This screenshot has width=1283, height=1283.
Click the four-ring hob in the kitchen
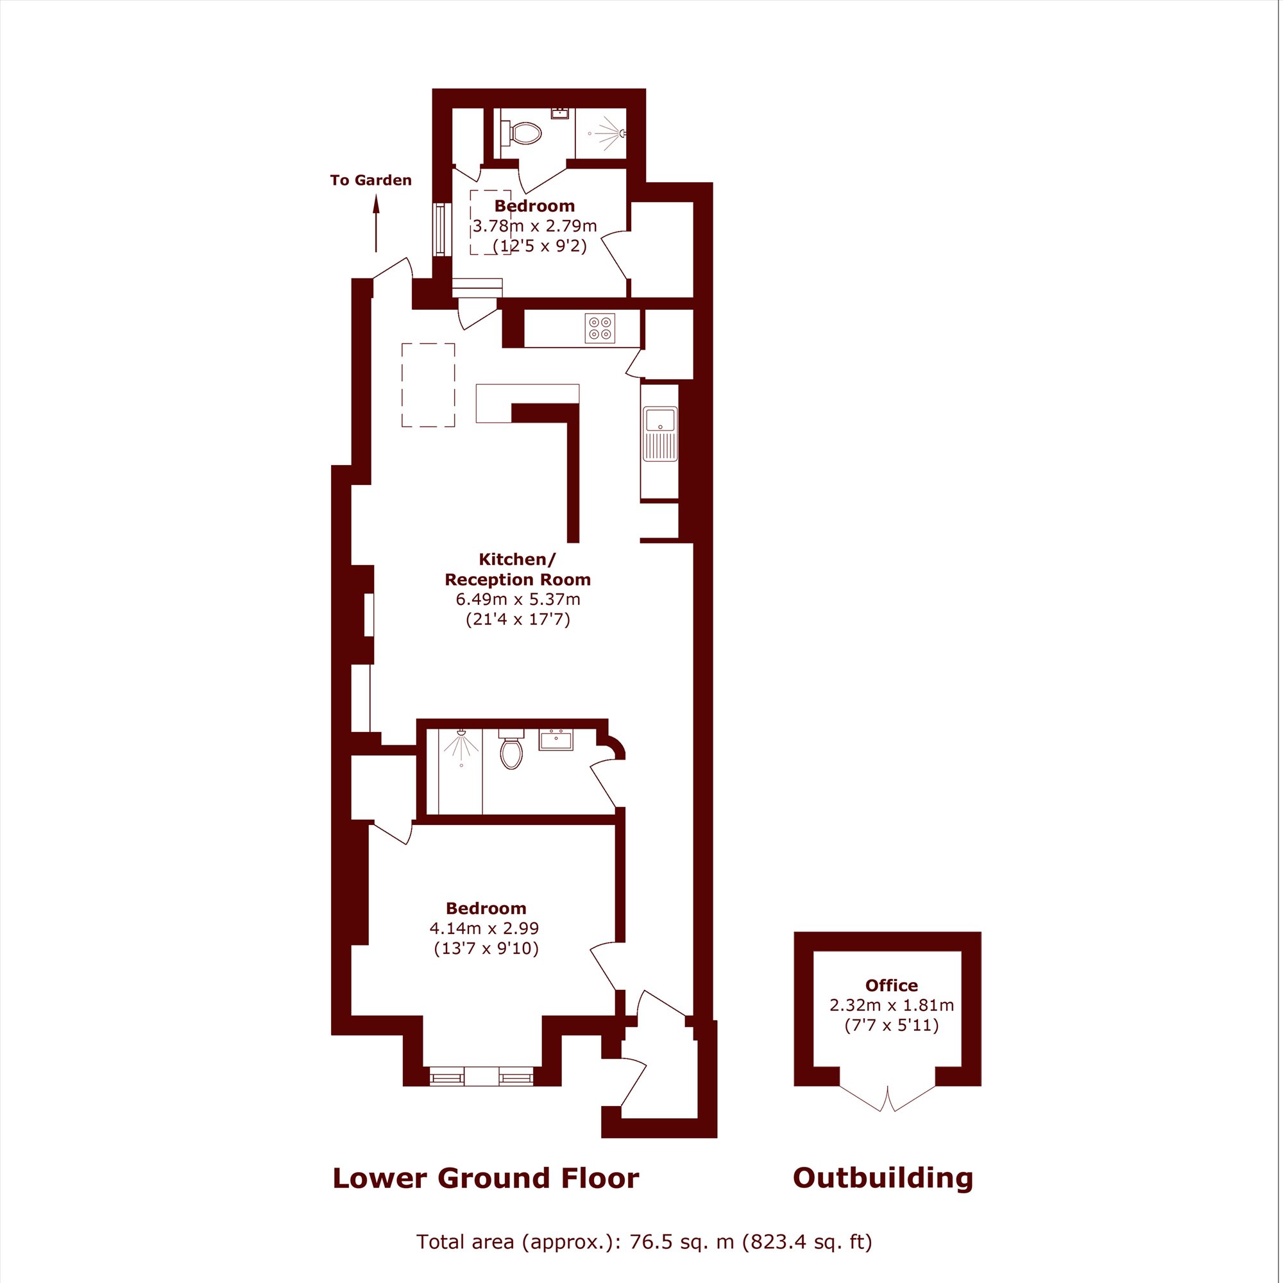[600, 328]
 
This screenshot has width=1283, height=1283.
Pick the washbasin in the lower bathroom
[556, 739]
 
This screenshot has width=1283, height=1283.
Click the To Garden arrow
[376, 224]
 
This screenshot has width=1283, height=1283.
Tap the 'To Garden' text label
[371, 180]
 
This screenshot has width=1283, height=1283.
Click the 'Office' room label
[891, 985]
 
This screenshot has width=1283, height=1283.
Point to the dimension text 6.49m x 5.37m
[518, 599]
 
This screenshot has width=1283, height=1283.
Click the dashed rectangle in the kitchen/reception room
[429, 384]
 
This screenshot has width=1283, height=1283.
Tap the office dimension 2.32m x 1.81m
[891, 1005]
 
